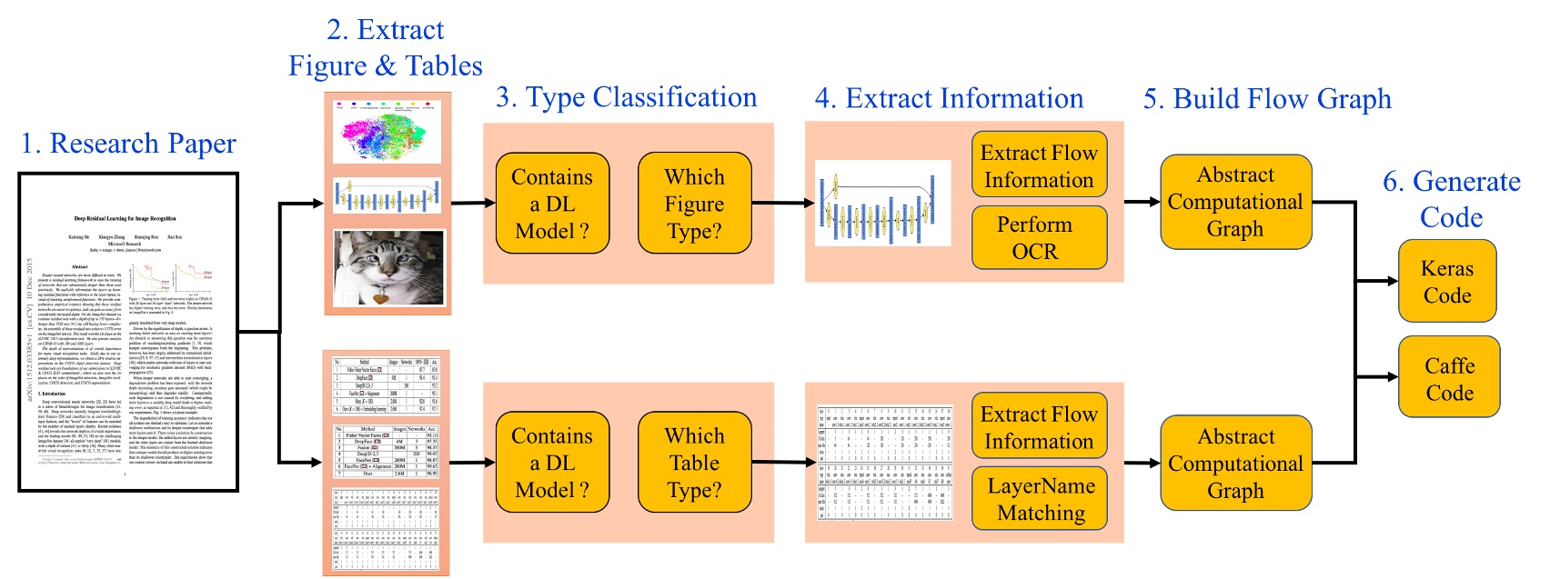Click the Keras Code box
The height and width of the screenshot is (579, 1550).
point(1446,281)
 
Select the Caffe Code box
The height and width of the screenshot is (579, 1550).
point(1448,378)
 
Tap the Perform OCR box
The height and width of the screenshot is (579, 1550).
point(1039,237)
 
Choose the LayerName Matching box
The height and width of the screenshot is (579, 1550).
point(1040,499)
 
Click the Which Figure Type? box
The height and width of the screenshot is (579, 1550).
point(694,203)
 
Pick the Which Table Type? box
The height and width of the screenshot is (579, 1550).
point(694,463)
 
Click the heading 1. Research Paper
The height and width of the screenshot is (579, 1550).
point(128,144)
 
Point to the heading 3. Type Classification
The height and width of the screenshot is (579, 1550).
point(626,97)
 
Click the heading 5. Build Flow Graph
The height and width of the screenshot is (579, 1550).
point(1266,98)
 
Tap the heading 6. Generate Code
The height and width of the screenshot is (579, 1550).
point(1451,199)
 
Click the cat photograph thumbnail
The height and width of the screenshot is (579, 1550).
point(388,268)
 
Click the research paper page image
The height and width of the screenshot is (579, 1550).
point(128,333)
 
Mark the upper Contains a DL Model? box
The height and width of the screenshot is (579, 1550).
point(551,203)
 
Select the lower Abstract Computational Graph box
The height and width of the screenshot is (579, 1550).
point(1235,463)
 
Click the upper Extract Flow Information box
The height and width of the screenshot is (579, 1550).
point(1039,165)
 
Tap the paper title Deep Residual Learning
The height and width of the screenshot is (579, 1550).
point(125,218)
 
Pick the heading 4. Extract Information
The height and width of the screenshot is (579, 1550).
point(949,98)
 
